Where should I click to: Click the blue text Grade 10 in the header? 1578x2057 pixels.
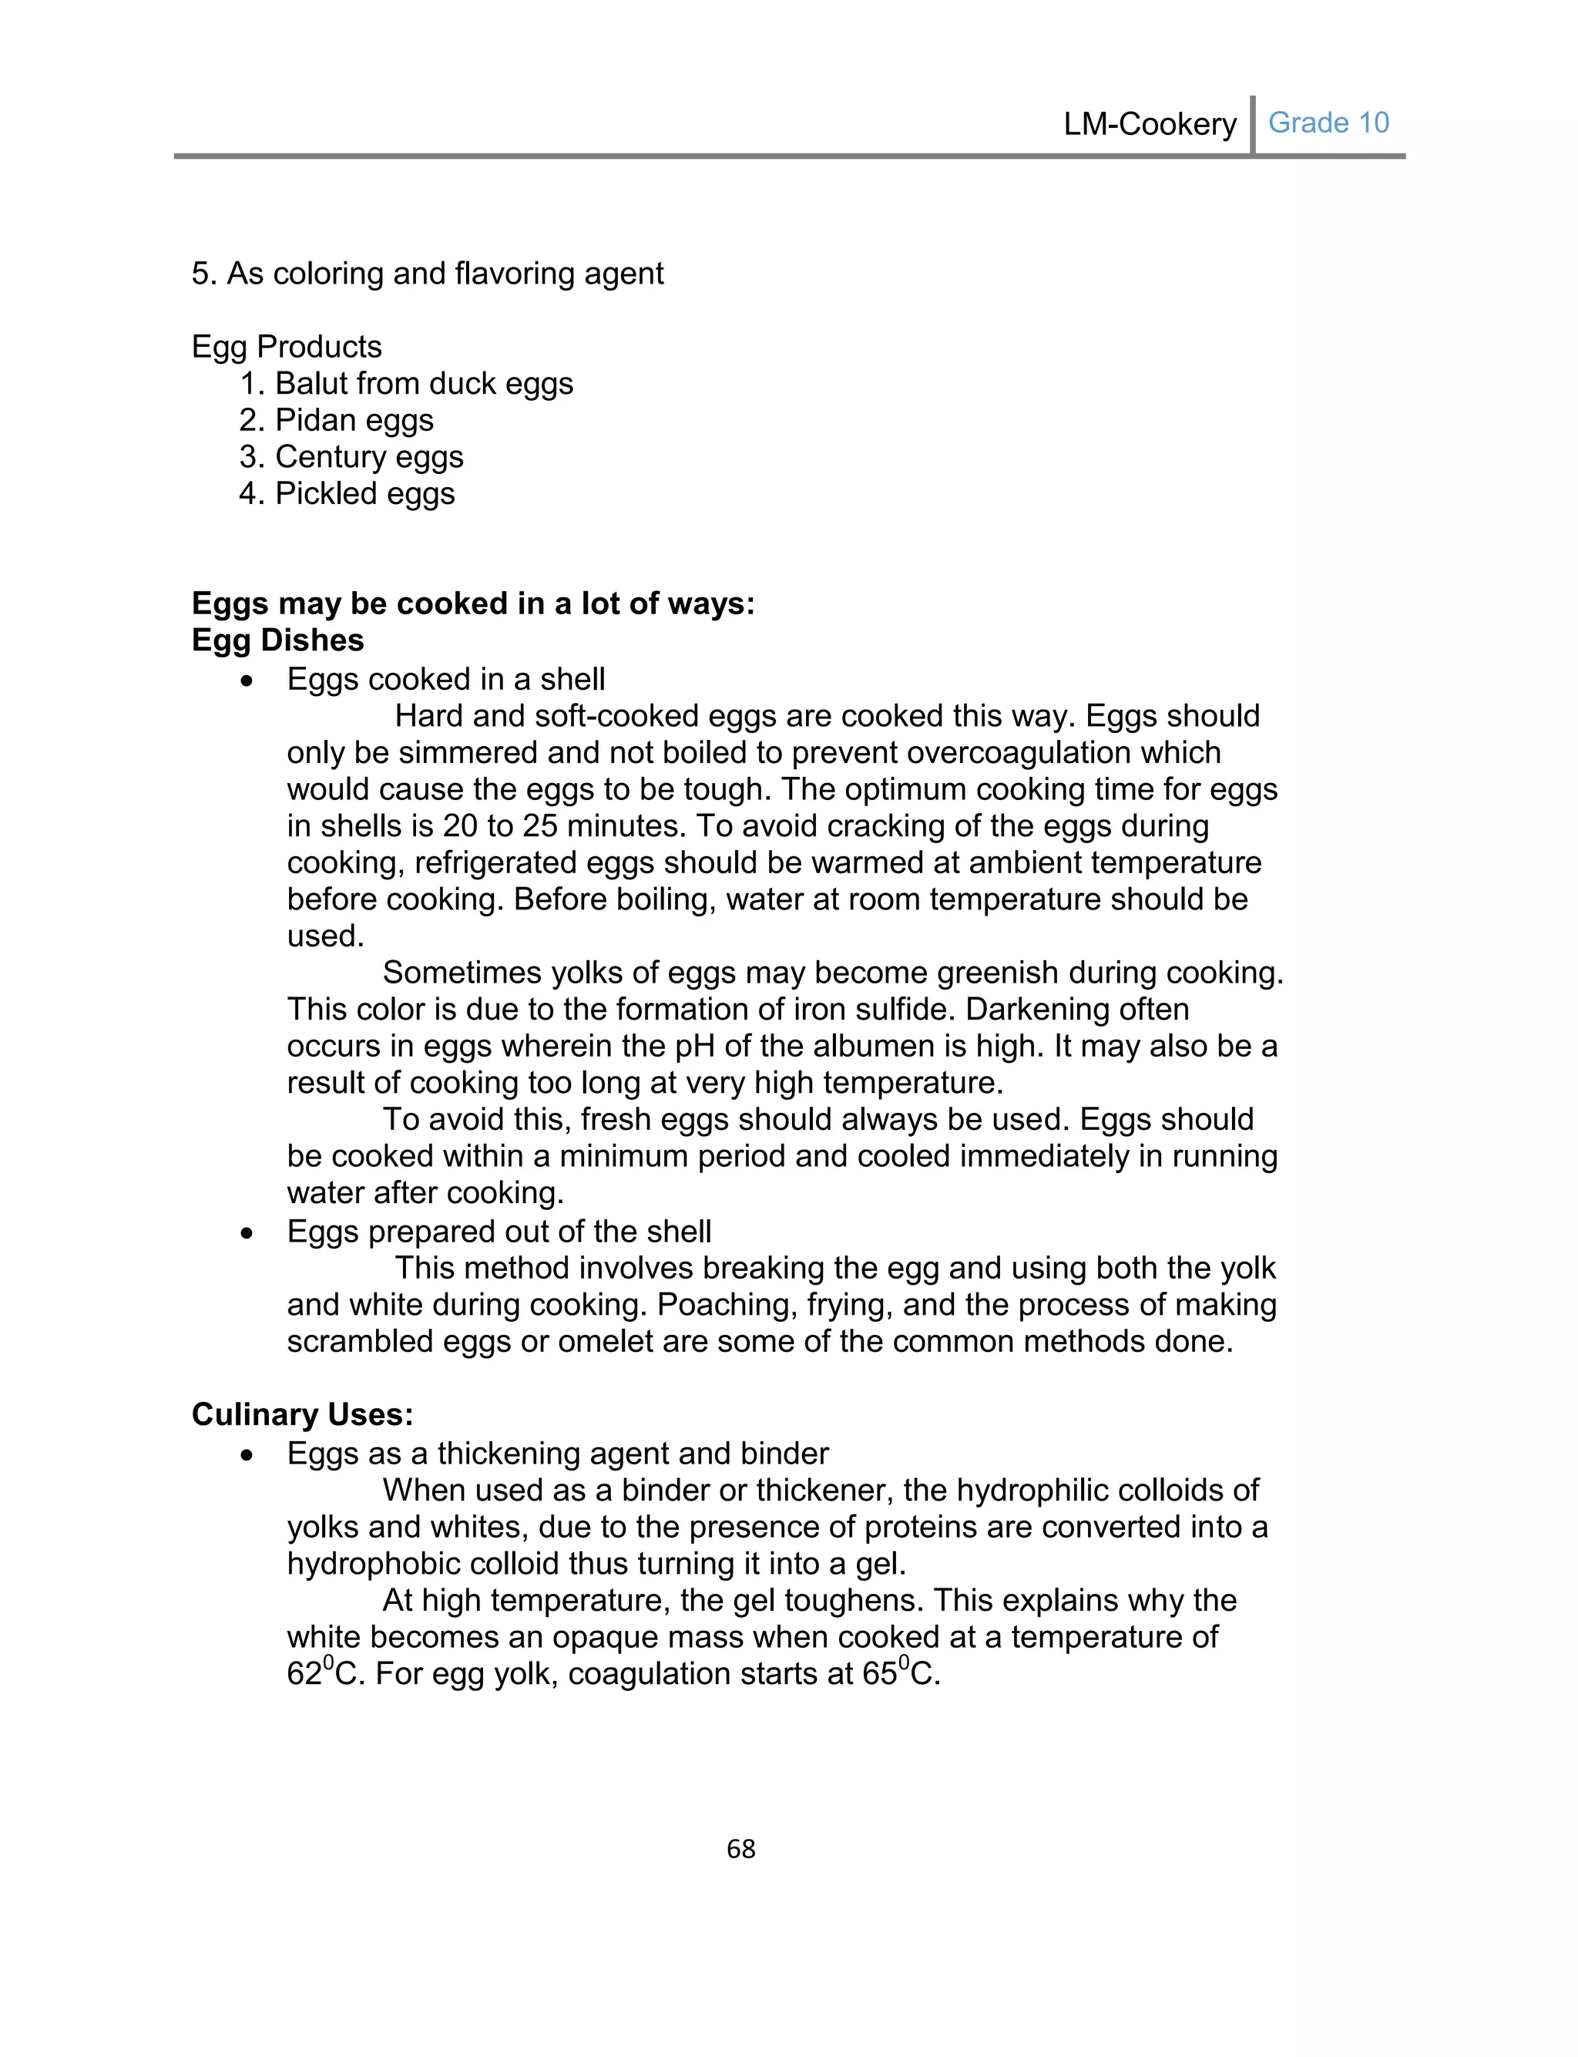point(1328,123)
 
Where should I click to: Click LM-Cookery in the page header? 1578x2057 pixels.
point(1149,124)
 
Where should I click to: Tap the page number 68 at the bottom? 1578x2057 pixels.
point(741,1848)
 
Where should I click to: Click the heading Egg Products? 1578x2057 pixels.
point(287,347)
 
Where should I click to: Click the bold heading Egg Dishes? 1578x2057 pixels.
point(277,640)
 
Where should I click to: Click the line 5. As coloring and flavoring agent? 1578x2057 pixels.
point(428,274)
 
